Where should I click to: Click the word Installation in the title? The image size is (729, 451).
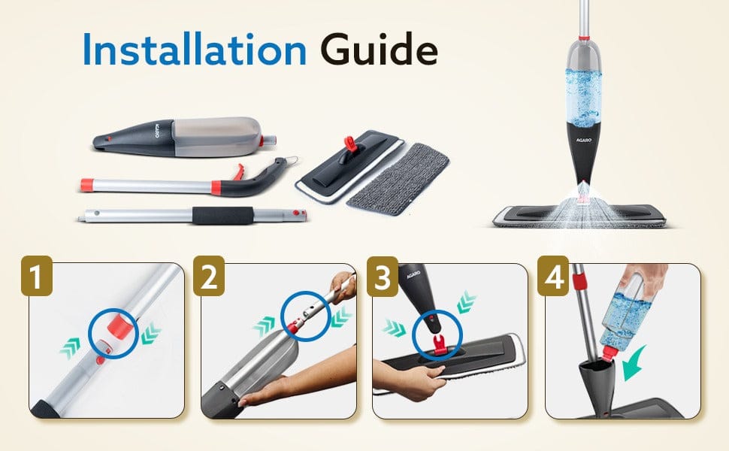(195, 49)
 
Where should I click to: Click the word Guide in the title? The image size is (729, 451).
(379, 49)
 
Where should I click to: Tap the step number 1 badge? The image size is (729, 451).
(37, 276)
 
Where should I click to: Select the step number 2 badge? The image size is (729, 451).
(209, 276)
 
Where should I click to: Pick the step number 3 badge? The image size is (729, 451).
(383, 276)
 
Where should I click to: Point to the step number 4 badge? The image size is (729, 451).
(553, 276)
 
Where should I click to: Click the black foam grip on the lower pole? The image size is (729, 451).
(222, 216)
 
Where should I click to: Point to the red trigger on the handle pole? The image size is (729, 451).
(238, 172)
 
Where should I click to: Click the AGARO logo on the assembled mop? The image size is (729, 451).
(584, 139)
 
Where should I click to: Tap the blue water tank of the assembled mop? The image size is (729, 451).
(583, 98)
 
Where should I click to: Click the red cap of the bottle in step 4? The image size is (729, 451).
(609, 353)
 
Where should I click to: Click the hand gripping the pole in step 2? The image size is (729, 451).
(343, 287)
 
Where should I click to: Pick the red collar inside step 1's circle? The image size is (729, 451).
(120, 326)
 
